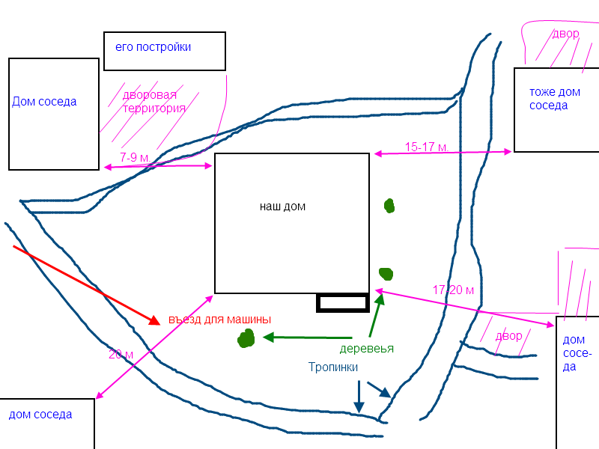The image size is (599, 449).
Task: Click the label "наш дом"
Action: click(x=282, y=207)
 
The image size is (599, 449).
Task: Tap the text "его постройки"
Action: click(x=153, y=47)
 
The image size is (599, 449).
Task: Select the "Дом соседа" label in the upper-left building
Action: click(x=44, y=102)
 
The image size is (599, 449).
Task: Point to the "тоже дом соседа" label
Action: click(x=554, y=99)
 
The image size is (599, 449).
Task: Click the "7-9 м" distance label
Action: click(x=135, y=157)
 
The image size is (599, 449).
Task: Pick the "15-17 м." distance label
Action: click(x=426, y=147)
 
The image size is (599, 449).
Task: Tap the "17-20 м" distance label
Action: click(x=454, y=289)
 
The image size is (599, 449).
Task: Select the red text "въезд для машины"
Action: click(x=219, y=319)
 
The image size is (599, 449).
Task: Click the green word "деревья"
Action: click(x=366, y=348)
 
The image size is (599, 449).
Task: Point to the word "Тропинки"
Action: click(x=333, y=367)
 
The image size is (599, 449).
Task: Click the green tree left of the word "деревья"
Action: click(x=246, y=339)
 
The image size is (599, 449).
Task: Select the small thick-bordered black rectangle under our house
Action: click(x=343, y=303)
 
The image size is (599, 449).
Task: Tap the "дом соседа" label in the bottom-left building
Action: click(x=40, y=414)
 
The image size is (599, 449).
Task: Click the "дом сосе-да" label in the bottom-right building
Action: click(x=576, y=352)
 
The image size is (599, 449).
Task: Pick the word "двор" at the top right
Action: click(x=565, y=34)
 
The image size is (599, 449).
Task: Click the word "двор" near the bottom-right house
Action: click(x=508, y=335)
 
